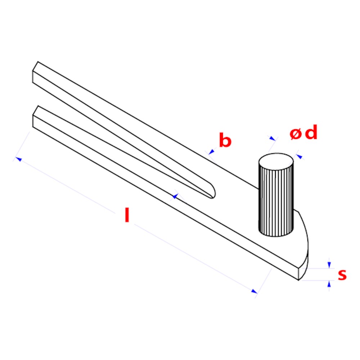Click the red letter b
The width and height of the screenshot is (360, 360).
225,140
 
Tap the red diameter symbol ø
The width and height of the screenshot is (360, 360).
295,134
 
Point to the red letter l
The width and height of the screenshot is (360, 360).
127,215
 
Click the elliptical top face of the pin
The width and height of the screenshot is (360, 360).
276,162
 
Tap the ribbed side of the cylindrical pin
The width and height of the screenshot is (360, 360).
276,202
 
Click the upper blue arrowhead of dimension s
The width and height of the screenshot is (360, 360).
329,265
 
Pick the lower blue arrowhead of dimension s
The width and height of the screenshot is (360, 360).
329,284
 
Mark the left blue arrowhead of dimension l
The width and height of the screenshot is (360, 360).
18,159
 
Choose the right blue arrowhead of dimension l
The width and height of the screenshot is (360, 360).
254,291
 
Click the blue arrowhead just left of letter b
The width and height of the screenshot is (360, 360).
211,152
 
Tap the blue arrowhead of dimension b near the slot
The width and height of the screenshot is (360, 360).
175,196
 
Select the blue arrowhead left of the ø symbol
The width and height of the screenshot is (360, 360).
272,138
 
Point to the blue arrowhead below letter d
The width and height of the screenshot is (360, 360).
300,157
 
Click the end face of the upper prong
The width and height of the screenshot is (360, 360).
35,72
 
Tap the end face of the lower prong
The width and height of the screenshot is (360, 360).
35,116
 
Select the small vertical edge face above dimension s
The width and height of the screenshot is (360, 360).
300,274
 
